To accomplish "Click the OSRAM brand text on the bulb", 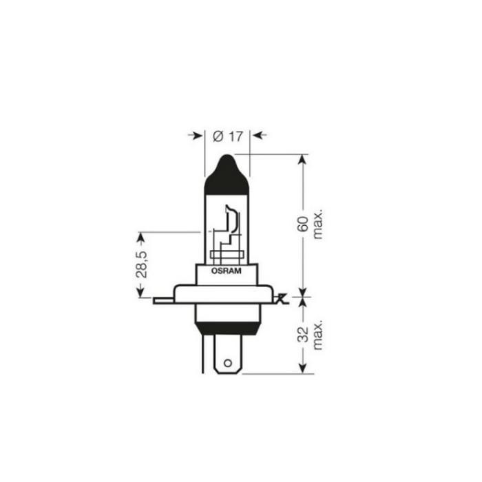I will (x=227, y=272).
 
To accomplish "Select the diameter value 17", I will (x=235, y=136).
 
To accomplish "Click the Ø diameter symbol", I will (x=218, y=136).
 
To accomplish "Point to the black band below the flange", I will (x=227, y=326).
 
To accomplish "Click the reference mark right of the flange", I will (x=281, y=299).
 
